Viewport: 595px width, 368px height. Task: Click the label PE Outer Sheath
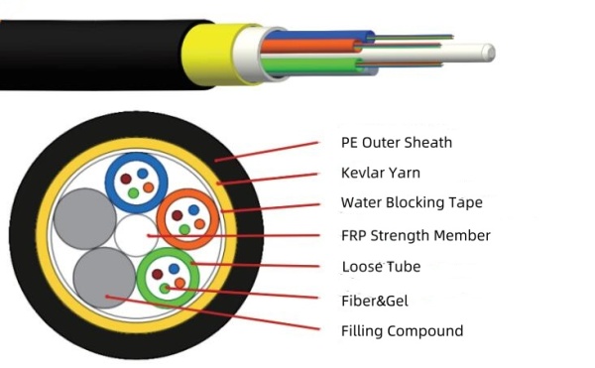click(396, 142)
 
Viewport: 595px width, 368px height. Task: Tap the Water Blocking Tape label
click(412, 202)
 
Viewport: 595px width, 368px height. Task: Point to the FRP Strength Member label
click(415, 235)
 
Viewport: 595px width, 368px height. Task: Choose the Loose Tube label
click(381, 266)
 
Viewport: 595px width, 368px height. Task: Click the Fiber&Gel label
click(374, 300)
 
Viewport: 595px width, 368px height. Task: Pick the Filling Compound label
click(402, 330)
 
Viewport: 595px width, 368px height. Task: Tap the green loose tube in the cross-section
click(167, 276)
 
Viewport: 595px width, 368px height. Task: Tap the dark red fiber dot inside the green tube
click(156, 275)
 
